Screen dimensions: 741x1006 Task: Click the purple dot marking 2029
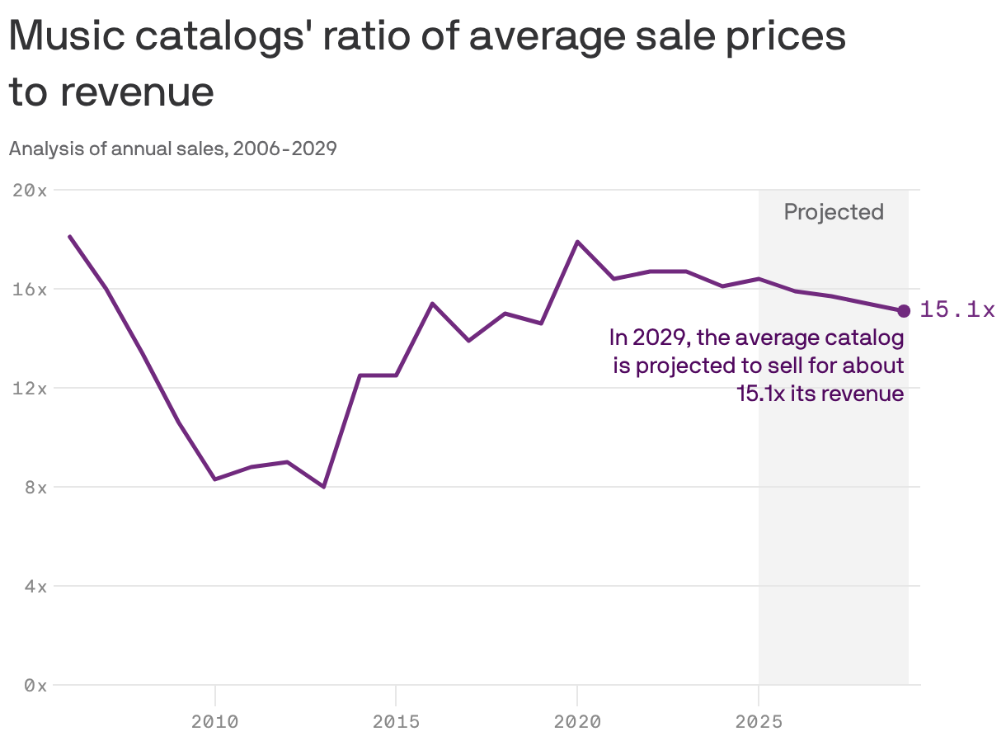(904, 311)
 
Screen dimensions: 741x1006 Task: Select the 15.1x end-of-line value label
(957, 310)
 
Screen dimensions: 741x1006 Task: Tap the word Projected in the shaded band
(833, 212)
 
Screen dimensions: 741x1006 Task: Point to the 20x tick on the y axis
(31, 190)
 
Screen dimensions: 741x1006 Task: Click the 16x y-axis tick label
(31, 289)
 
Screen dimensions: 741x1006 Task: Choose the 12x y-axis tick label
(31, 388)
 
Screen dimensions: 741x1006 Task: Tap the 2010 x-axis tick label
(214, 722)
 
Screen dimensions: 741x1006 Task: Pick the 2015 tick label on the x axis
(396, 722)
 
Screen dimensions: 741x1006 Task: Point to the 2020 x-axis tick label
(577, 722)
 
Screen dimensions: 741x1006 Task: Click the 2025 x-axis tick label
(759, 722)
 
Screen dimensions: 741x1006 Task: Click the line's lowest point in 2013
(324, 487)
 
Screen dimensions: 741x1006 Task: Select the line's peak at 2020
(577, 242)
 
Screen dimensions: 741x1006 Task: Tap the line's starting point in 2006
(70, 237)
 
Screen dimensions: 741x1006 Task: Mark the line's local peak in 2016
(432, 304)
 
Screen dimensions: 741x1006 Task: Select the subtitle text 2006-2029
(284, 149)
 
